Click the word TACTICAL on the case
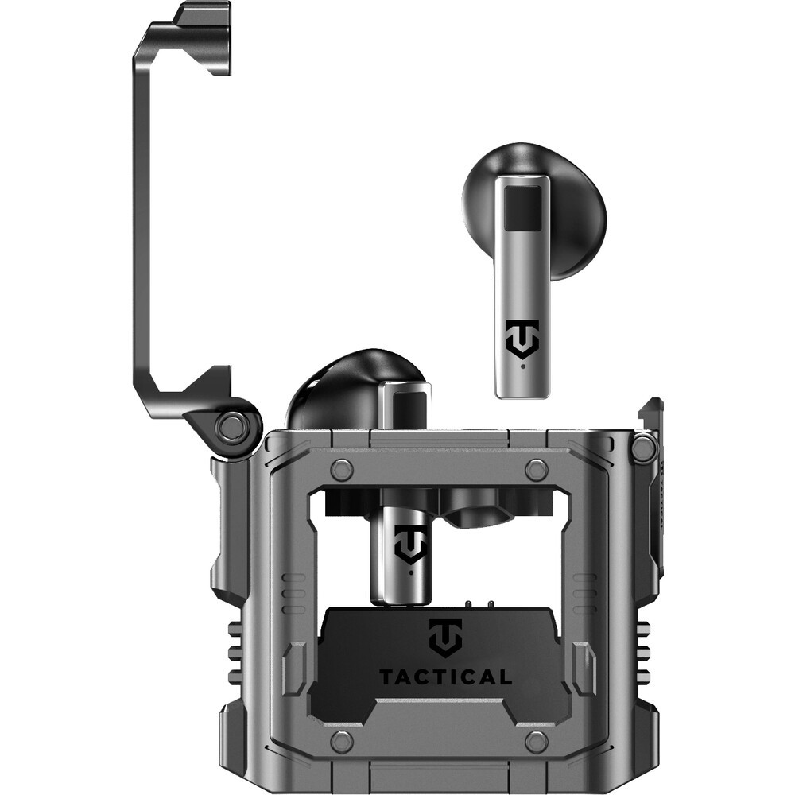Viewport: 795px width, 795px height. point(445,677)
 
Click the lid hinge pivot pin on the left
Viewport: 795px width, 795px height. point(233,425)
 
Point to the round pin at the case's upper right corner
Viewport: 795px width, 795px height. point(642,444)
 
